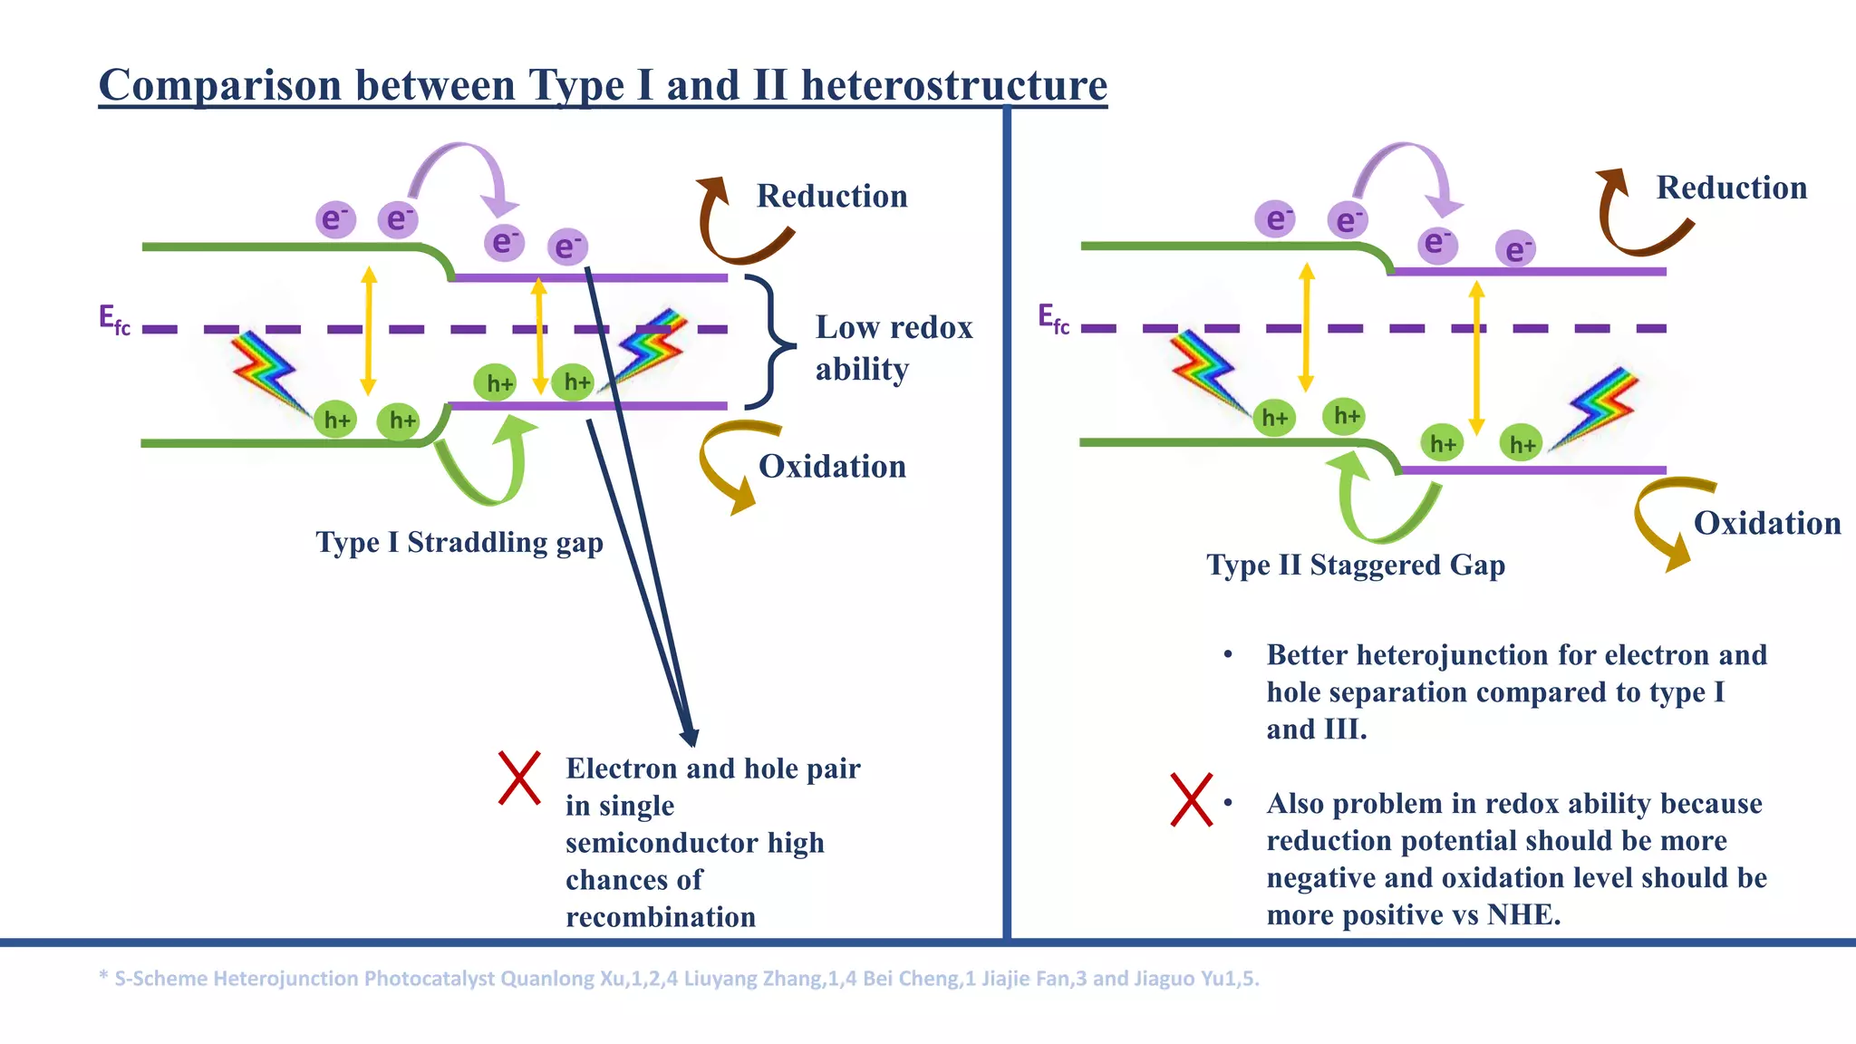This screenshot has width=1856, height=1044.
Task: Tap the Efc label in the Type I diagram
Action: (x=114, y=320)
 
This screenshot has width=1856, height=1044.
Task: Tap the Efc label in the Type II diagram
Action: (x=1053, y=319)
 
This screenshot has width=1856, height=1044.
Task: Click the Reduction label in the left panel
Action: (x=831, y=197)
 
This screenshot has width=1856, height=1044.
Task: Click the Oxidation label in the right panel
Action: (x=1766, y=524)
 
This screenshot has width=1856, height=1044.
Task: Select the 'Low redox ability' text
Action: (x=893, y=348)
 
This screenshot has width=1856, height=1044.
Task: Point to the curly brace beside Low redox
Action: (x=770, y=343)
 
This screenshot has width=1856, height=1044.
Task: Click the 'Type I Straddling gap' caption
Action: (x=459, y=543)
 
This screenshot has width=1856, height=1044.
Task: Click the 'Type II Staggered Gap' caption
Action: (x=1355, y=565)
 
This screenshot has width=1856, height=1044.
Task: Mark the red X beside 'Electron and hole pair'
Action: (x=519, y=778)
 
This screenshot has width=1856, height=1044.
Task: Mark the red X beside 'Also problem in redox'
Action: (x=1190, y=799)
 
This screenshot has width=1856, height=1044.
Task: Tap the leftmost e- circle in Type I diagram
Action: (x=335, y=219)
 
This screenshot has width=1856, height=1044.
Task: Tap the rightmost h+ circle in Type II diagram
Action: (x=1520, y=444)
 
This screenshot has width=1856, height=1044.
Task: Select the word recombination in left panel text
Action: (x=660, y=917)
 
